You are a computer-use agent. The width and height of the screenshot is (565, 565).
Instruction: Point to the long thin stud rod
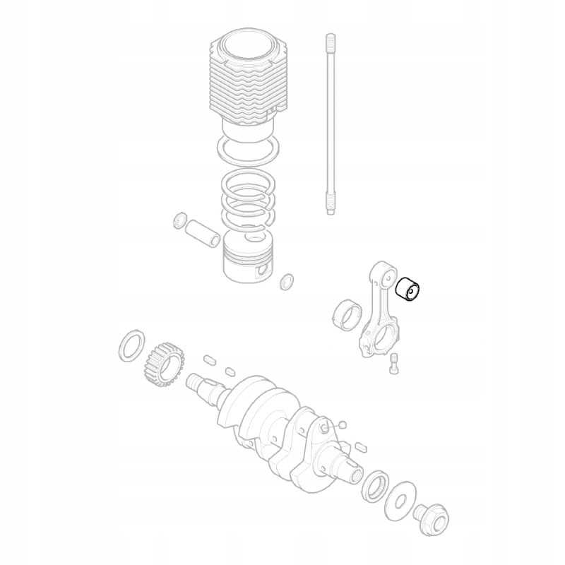[329, 124]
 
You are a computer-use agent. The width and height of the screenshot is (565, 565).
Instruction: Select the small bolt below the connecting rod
[394, 364]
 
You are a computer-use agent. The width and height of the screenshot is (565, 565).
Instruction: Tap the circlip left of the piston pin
[179, 220]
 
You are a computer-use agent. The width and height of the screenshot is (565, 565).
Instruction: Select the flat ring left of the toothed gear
[131, 345]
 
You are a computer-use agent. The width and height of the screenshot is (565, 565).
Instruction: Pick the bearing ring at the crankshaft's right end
[374, 487]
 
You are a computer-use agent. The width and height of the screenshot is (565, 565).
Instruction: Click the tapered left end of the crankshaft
[198, 386]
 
